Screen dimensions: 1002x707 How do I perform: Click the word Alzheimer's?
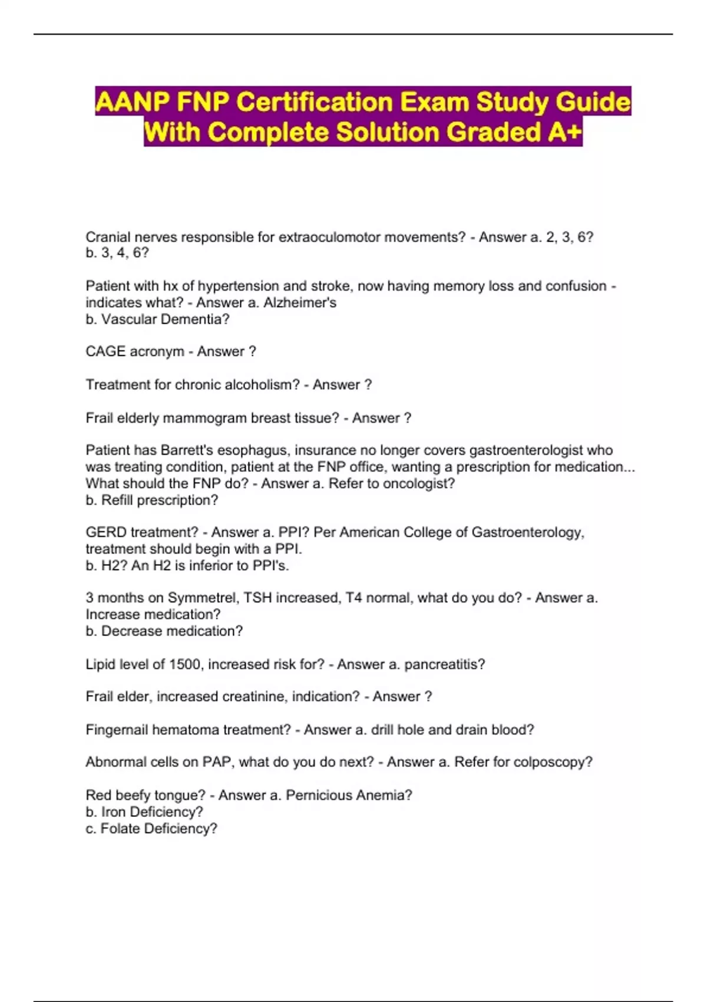pyautogui.click(x=302, y=302)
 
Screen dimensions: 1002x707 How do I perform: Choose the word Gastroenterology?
pyautogui.click(x=527, y=532)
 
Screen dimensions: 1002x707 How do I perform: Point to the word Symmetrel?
pyautogui.click(x=203, y=598)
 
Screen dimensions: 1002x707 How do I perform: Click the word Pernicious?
pyautogui.click(x=318, y=795)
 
